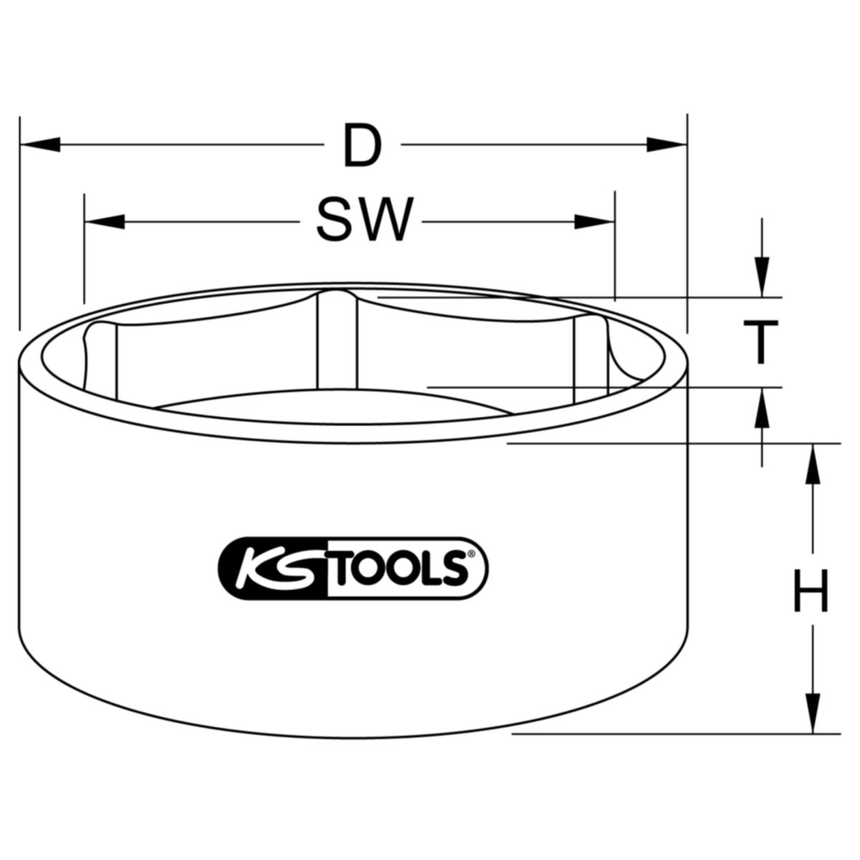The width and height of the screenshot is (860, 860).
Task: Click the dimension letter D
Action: [x=362, y=145]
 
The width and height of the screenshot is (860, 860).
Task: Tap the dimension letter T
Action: [x=761, y=343]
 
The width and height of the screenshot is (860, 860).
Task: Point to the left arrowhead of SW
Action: [x=103, y=222]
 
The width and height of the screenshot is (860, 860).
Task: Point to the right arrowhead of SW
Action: [x=596, y=222]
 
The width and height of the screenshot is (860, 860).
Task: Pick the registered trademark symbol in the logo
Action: [x=471, y=554]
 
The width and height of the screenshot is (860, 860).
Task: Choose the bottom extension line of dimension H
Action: [x=674, y=734]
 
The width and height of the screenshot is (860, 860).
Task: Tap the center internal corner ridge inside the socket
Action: [x=335, y=337]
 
